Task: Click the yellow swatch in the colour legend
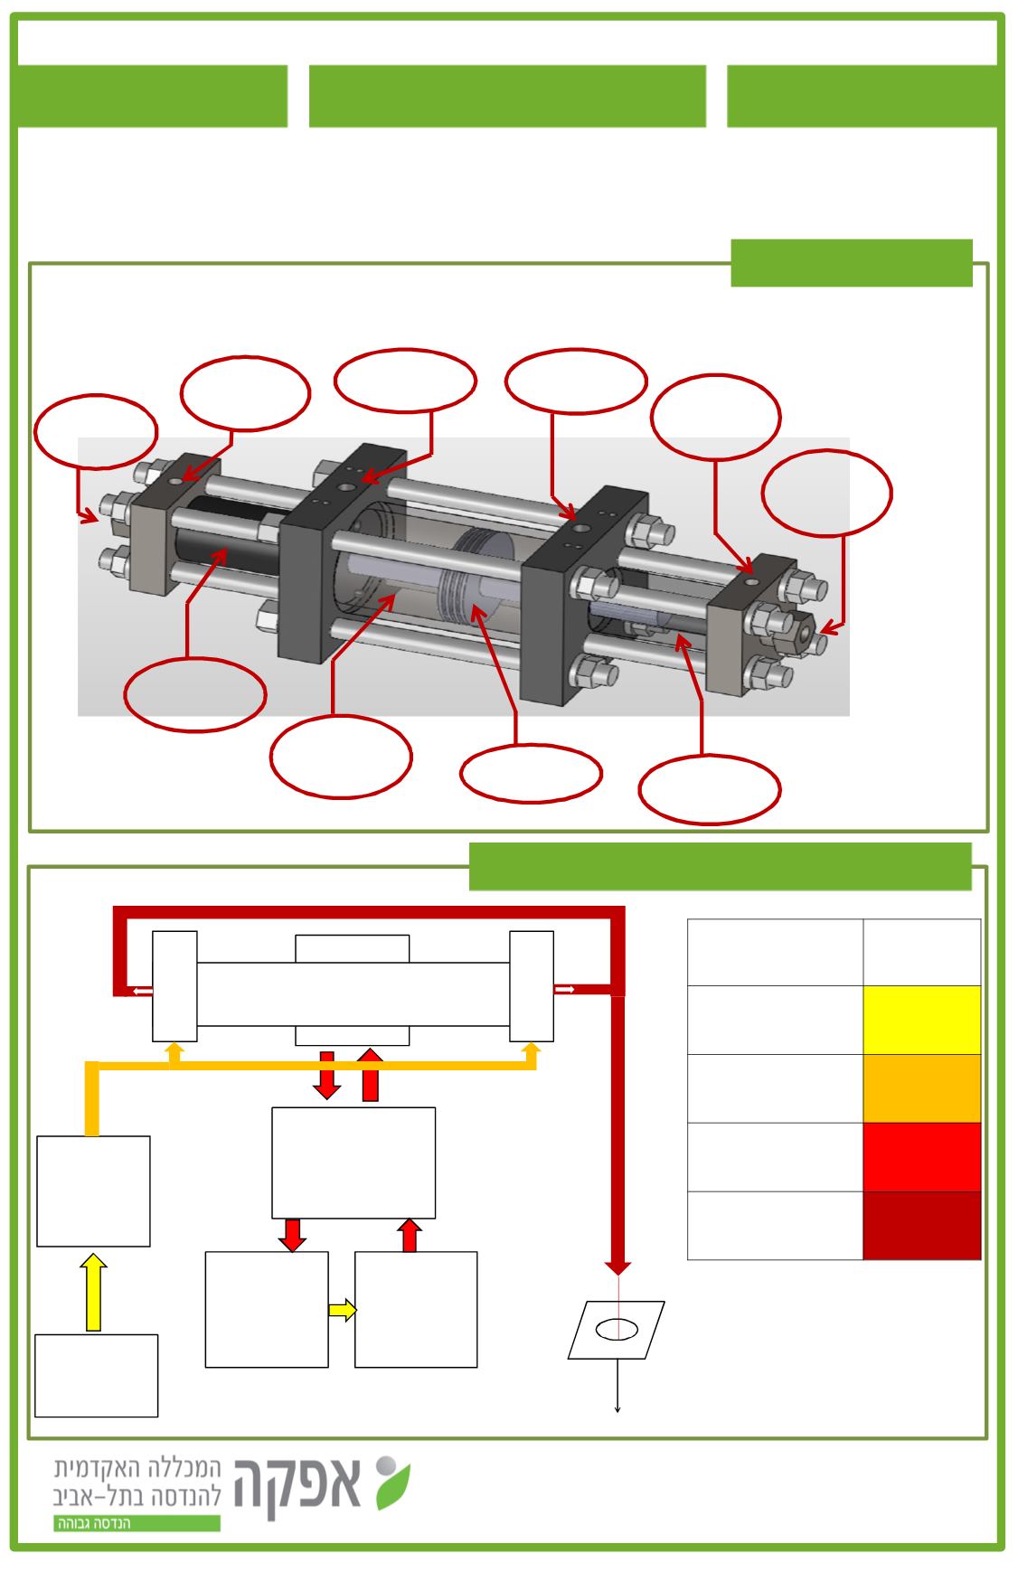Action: (921, 1020)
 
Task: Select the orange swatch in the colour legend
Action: (921, 1088)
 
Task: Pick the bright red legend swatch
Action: (921, 1157)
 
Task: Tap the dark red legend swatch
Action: (921, 1226)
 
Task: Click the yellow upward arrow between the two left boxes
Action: (93, 1292)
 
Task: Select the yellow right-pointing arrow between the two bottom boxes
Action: (342, 1309)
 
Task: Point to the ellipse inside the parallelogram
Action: (617, 1329)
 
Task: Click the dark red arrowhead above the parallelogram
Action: (618, 1266)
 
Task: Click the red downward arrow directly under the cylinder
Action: (327, 1075)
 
